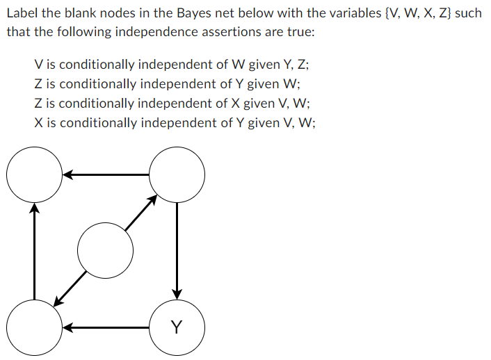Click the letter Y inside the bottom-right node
click(177, 327)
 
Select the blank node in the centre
click(105, 249)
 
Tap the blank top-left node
click(34, 174)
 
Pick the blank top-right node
click(177, 174)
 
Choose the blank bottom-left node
click(34, 327)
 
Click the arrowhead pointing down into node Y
click(177, 292)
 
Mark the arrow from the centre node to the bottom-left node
click(71, 287)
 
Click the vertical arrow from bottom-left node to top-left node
click(34, 250)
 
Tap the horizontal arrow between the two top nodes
click(106, 174)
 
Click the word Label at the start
click(22, 13)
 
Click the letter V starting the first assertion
click(39, 65)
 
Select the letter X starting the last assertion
click(39, 123)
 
